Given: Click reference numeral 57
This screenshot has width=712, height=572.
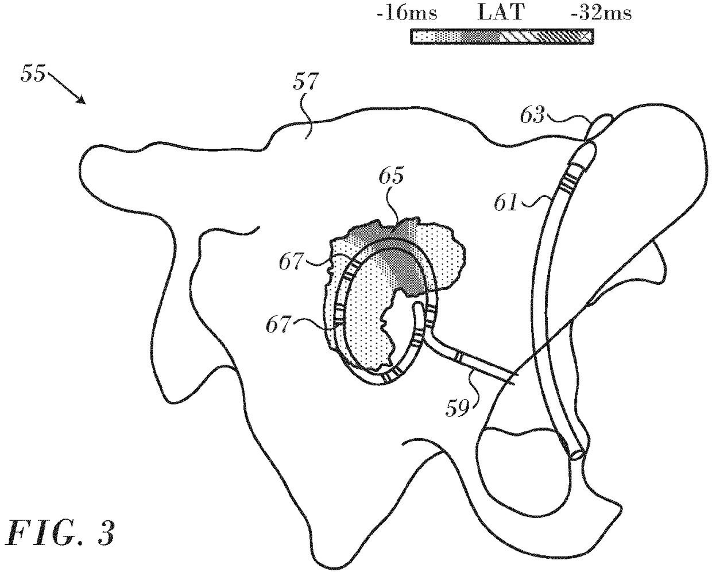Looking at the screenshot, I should pos(305,83).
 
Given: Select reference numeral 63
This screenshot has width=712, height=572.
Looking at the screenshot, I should pos(532,115).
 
